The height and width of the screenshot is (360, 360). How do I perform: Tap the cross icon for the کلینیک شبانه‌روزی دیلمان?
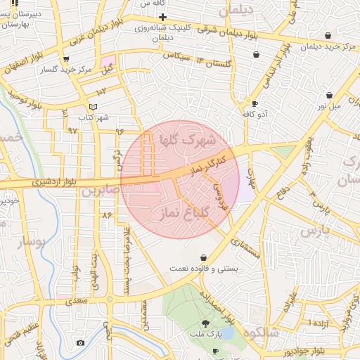click(162, 17)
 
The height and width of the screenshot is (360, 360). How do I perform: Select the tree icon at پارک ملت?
click(205, 323)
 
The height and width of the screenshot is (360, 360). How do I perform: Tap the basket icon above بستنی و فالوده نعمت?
click(204, 257)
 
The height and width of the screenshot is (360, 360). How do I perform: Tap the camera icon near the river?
click(80, 342)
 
